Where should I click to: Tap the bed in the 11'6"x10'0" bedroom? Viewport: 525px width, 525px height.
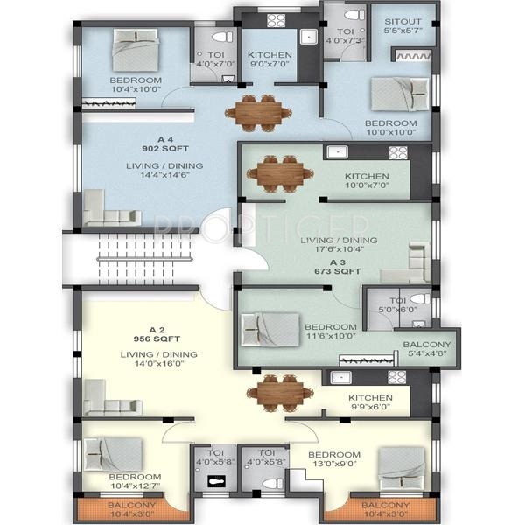click(270, 328)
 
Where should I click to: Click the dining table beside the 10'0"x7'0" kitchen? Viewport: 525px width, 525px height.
click(276, 171)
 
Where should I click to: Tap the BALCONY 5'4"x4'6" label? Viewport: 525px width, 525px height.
click(427, 349)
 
